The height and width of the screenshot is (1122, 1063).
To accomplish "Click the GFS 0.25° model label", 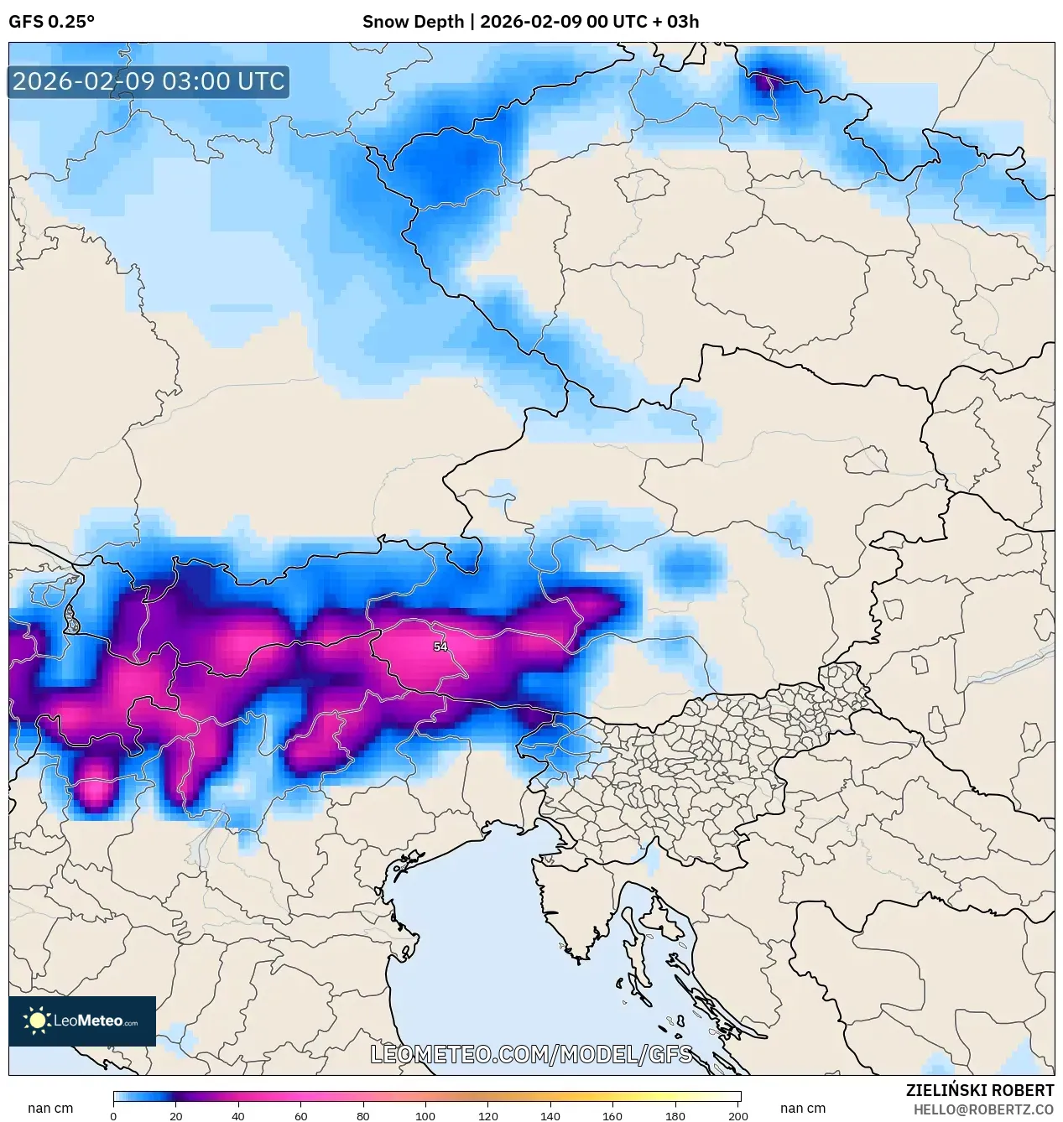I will coord(51,22).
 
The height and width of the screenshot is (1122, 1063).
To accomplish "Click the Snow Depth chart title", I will coord(530,22).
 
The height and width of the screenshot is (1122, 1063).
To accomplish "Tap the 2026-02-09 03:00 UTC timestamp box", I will coord(149,81).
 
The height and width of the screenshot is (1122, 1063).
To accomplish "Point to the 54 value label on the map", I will coord(440,647).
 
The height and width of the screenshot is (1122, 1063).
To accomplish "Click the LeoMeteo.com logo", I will coord(82,1021).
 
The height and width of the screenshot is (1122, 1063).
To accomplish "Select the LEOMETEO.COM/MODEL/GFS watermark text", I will coord(531,1054).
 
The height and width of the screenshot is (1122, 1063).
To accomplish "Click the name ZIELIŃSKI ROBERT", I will coord(979,1090).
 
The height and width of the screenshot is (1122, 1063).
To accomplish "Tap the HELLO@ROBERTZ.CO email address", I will coord(983,1109).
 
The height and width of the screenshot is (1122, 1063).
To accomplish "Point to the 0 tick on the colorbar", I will coord(113,1116).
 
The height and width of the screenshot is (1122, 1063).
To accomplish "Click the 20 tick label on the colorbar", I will coord(176,1116).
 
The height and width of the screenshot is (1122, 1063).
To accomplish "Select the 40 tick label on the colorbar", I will coord(238,1116).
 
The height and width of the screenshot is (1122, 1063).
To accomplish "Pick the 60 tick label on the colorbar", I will coord(301,1116).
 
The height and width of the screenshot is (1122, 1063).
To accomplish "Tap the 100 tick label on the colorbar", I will coord(425,1116).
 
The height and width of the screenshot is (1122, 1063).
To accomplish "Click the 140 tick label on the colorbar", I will coord(550,1116).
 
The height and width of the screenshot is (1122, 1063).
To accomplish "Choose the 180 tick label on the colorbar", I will coord(675,1116).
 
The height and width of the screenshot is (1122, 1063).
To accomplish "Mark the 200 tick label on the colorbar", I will coord(738,1116).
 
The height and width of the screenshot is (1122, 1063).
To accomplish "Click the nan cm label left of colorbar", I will coord(50,1108).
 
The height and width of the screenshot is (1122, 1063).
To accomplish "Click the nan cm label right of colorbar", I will coord(803,1108).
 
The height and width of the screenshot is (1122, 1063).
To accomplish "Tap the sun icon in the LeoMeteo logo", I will coord(37,1021).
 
